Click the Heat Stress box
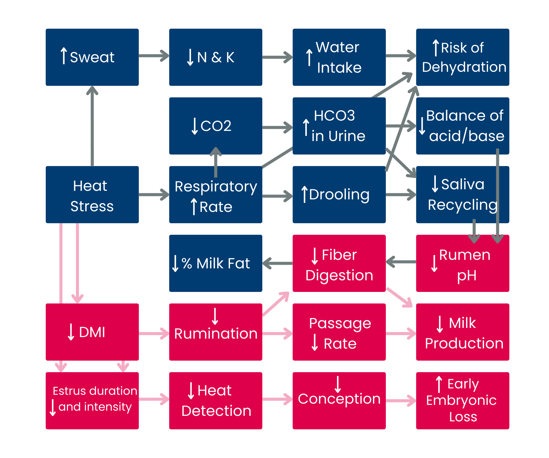pyautogui.click(x=92, y=195)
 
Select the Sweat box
pyautogui.click(x=92, y=57)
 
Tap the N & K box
pyautogui.click(x=216, y=57)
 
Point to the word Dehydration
pyautogui.click(x=464, y=67)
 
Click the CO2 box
pyautogui.click(x=216, y=126)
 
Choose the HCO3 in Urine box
pyautogui.click(x=339, y=126)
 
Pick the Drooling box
pyautogui.click(x=339, y=195)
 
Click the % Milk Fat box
pyautogui.click(x=216, y=263)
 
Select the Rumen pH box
pyautogui.click(x=462, y=263)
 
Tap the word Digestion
pyautogui.click(x=339, y=275)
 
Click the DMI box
pyautogui.click(x=92, y=332)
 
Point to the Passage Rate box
pyautogui.click(x=339, y=332)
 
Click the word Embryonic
pyautogui.click(x=461, y=400)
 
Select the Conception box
pyautogui.click(x=339, y=401)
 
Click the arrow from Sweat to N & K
pyautogui.click(x=154, y=56)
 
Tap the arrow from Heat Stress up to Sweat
pyautogui.click(x=92, y=125)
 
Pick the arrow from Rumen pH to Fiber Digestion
pyautogui.click(x=401, y=262)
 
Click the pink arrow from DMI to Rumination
pyautogui.click(x=154, y=333)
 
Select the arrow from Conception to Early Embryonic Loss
pyautogui.click(x=401, y=401)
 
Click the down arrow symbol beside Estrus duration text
pyautogui.click(x=52, y=408)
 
